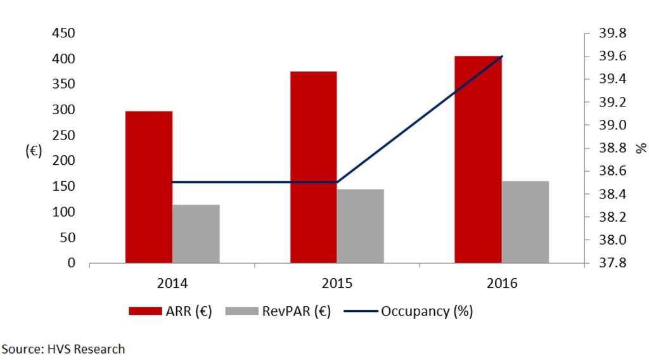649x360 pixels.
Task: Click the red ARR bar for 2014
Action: tap(148, 187)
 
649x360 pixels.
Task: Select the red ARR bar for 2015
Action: tap(313, 167)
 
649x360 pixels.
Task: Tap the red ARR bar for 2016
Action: tap(478, 159)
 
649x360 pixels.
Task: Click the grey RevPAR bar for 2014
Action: tap(196, 233)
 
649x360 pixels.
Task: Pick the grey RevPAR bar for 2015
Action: tap(360, 226)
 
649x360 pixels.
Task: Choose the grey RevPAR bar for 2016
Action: tap(525, 222)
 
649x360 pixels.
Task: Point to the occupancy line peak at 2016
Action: tap(502, 56)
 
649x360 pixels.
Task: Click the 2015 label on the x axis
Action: tap(337, 283)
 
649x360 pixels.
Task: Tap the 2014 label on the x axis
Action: tap(172, 283)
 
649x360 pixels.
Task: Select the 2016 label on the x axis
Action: tap(502, 283)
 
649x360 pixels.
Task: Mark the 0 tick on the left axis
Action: tap(72, 263)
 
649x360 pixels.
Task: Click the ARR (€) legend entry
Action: tap(170, 311)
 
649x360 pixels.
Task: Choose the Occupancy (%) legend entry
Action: tap(409, 311)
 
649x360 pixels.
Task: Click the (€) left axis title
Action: tap(33, 151)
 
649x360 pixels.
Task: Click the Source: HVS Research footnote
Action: tap(63, 349)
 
